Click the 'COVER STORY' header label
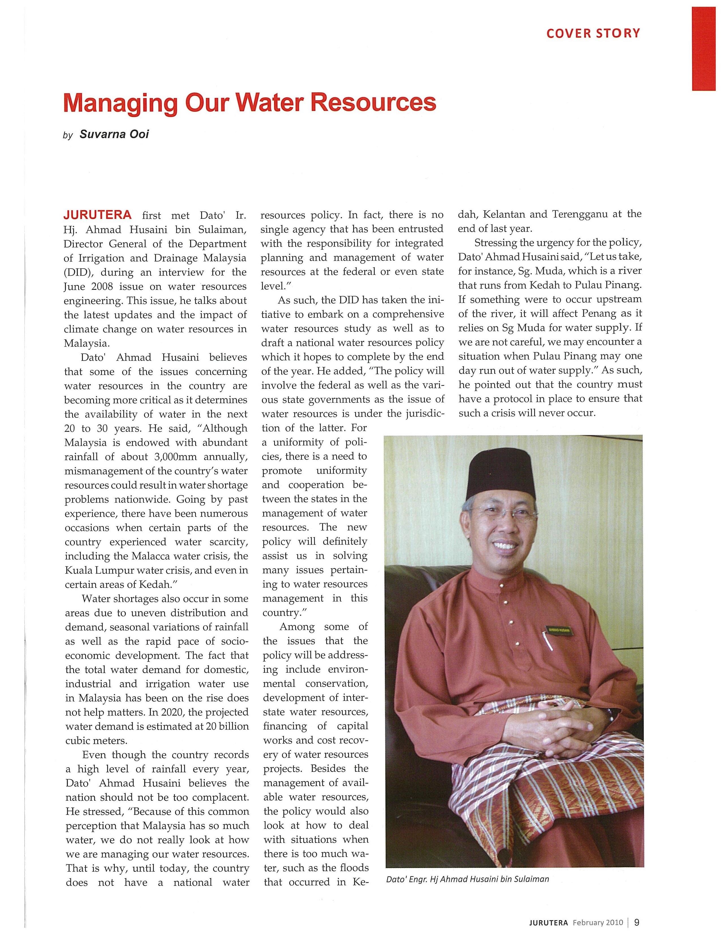tap(593, 33)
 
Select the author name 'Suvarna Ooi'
tap(114, 134)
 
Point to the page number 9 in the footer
tap(637, 922)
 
